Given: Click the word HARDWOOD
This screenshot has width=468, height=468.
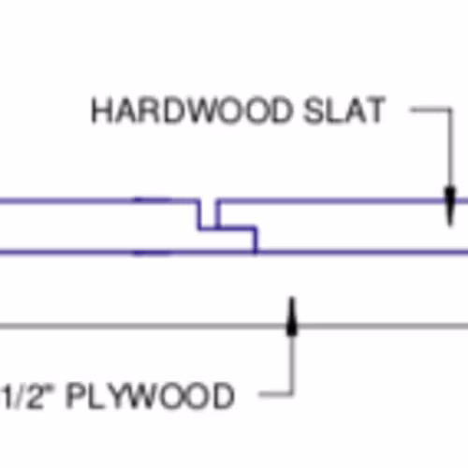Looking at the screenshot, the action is point(192,110).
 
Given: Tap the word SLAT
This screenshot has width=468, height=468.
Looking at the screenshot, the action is point(344,110).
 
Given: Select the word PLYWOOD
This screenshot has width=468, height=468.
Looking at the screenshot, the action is point(150,395).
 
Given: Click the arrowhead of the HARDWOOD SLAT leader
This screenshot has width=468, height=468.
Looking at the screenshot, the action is point(449,207).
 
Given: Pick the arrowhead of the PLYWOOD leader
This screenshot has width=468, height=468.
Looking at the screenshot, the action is point(291,317).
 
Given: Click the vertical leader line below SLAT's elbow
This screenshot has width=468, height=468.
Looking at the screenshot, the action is point(450,148).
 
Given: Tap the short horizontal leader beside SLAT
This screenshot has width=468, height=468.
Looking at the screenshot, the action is point(430,110).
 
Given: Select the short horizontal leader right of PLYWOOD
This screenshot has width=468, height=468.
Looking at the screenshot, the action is point(276,394).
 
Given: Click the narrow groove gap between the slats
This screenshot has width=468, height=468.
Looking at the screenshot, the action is point(208,215).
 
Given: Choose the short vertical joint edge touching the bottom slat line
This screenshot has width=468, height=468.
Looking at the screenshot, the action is point(256,241).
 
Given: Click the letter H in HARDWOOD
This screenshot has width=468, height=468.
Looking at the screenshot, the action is point(101,110).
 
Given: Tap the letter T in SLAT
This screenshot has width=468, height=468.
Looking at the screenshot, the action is point(376,110).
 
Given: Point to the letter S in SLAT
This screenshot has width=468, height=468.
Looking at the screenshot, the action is point(313,110).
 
